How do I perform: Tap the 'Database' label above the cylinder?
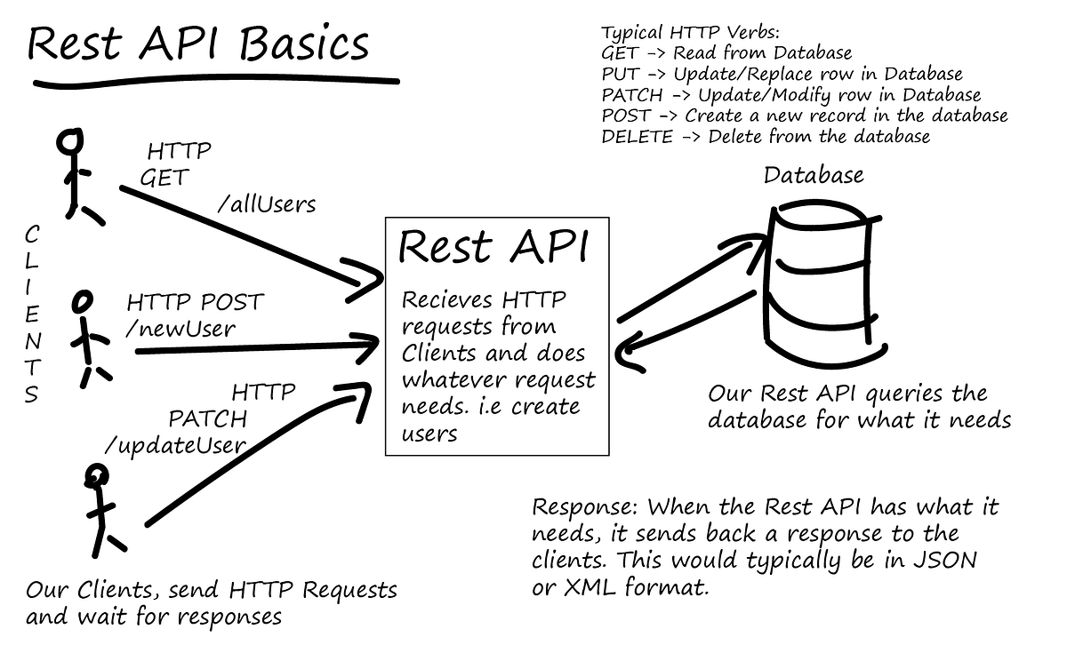click(814, 176)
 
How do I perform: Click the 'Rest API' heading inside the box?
click(493, 248)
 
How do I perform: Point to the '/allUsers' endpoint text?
click(266, 204)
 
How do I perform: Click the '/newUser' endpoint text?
click(181, 329)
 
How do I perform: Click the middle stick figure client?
click(88, 338)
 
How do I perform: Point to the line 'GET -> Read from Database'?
click(726, 53)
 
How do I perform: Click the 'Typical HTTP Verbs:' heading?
click(678, 32)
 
